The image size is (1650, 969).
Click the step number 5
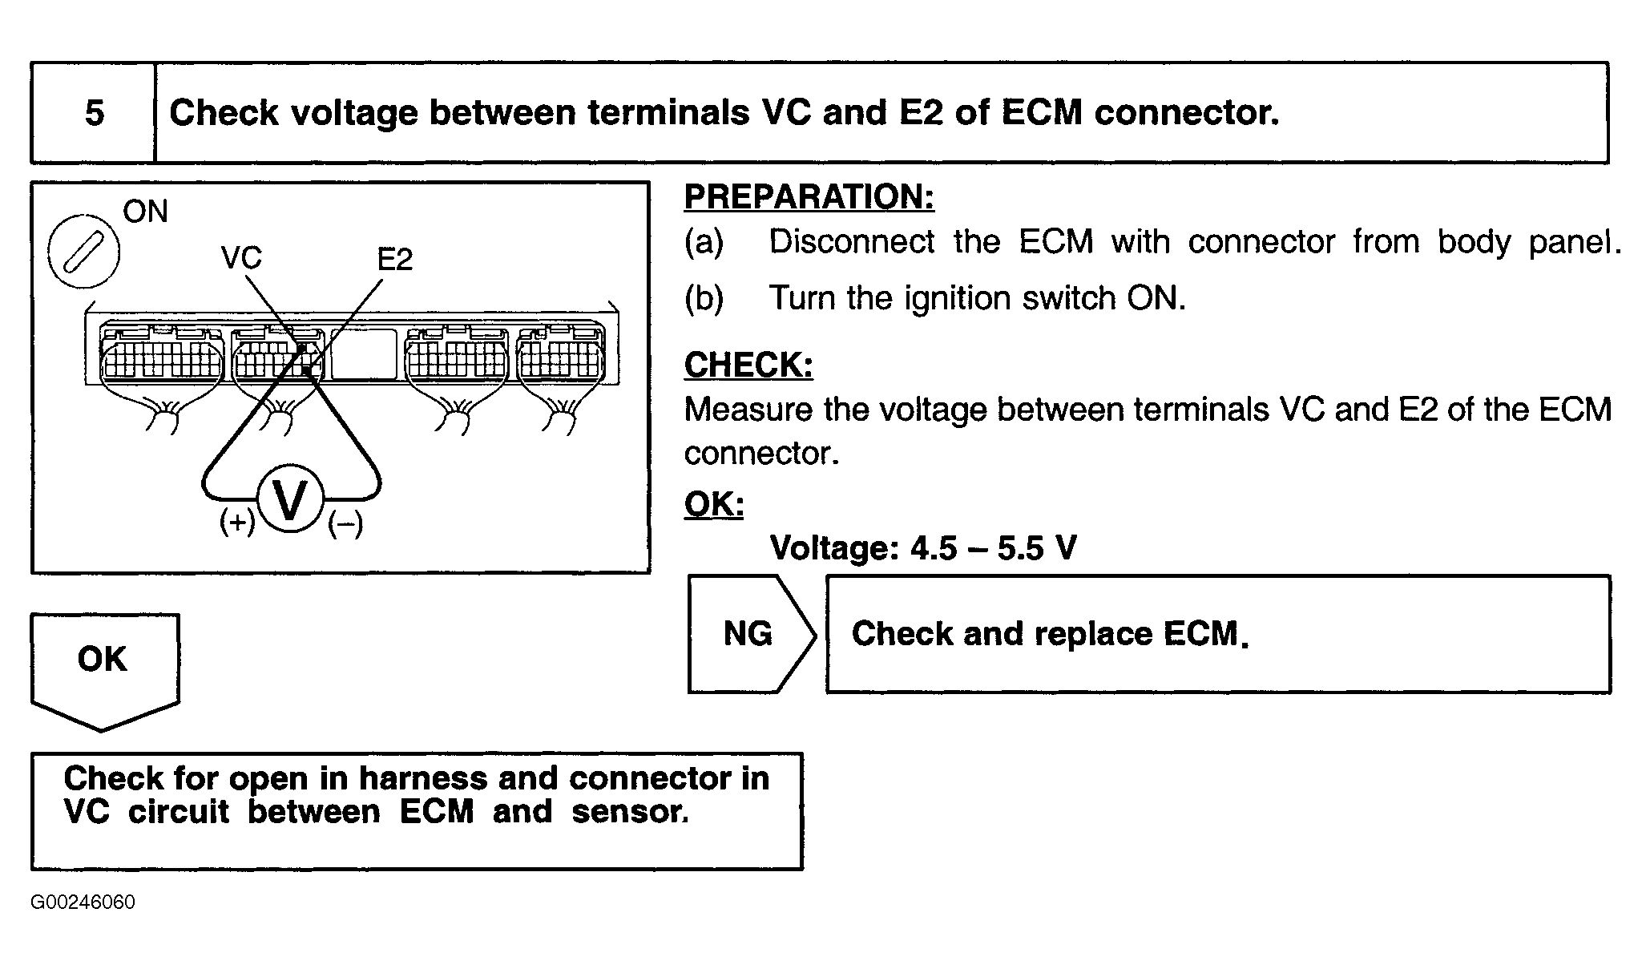coord(95,113)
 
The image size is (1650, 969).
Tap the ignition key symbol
coord(83,252)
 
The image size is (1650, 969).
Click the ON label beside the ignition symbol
coord(145,212)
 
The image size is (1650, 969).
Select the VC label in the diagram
coord(241,258)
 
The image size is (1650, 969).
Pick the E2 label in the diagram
coord(394,259)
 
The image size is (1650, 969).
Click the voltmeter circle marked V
coord(290,500)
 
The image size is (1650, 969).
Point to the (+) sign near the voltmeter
coord(237,523)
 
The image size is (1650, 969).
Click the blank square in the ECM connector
coord(363,353)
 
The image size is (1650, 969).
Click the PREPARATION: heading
coord(809,197)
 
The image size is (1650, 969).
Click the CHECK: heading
coord(748,365)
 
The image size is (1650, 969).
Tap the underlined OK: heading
coord(713,504)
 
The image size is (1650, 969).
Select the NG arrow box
coord(750,634)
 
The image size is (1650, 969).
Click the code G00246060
coord(83,902)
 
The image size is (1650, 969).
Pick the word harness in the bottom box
coord(423,778)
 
